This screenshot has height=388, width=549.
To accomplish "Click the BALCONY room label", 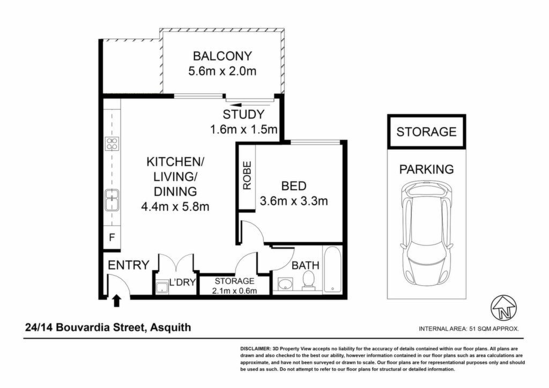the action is click(x=222, y=56).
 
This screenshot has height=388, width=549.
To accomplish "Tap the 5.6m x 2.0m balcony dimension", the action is click(x=222, y=71).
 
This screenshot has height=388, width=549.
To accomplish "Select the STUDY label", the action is click(x=244, y=114).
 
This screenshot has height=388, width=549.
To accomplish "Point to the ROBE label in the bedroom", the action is click(x=247, y=175).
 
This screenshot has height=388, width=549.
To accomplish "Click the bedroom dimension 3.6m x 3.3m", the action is click(x=294, y=201).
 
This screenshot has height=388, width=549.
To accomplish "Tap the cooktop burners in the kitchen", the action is click(x=112, y=144).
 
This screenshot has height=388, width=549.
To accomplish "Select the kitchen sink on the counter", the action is click(x=112, y=200).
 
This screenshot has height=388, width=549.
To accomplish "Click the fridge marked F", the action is click(x=112, y=238).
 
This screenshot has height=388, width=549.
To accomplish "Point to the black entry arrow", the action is click(x=117, y=301).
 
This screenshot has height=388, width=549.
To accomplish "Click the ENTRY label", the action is click(x=129, y=265).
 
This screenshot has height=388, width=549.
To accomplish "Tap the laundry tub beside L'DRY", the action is click(x=161, y=288).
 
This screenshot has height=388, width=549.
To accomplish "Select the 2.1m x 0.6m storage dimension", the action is click(x=235, y=291).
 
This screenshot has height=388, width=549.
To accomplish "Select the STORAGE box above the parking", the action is click(x=426, y=131).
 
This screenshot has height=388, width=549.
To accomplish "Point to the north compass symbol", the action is click(x=504, y=308).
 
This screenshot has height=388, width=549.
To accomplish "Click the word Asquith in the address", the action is click(x=170, y=327).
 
